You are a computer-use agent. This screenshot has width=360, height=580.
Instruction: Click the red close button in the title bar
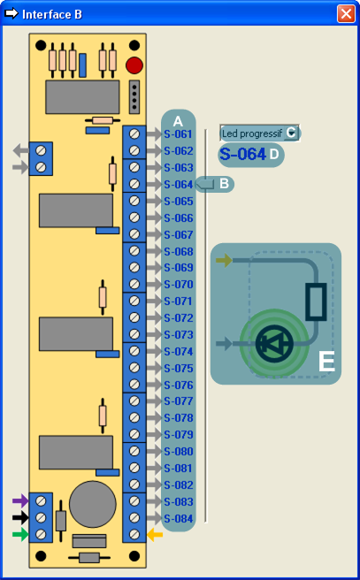pos(346,13)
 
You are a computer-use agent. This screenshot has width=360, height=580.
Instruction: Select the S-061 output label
pos(179,134)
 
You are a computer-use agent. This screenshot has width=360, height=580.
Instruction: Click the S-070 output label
pos(179,285)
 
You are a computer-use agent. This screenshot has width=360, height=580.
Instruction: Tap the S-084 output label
pos(179,519)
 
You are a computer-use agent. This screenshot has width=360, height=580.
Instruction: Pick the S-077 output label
pos(179,401)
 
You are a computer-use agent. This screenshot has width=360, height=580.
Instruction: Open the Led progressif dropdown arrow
pos(291,133)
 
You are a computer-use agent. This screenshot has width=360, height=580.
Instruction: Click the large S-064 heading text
pos(242,154)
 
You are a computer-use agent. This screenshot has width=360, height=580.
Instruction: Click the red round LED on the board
pos(134,65)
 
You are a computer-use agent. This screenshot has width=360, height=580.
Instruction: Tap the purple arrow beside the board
pos(20,500)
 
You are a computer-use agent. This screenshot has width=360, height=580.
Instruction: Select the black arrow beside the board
pos(20,517)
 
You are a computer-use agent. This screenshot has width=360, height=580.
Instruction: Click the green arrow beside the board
pos(20,534)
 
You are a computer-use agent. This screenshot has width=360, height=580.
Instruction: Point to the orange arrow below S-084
pos(155,535)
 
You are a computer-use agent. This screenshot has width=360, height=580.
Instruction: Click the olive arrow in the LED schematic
pos(224,260)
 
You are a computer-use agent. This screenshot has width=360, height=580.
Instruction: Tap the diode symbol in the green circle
pos(274,344)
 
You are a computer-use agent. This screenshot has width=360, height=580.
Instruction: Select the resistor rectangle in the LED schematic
pos(316,301)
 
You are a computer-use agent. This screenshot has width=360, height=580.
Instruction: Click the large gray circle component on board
pos(93,504)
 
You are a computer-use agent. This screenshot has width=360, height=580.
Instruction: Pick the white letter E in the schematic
pos(326,361)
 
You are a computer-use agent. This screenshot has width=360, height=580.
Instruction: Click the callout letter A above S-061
pos(178,121)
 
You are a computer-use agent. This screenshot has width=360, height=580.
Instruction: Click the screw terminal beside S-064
pos(134,184)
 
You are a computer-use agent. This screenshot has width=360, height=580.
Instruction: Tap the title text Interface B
pos(52,14)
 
